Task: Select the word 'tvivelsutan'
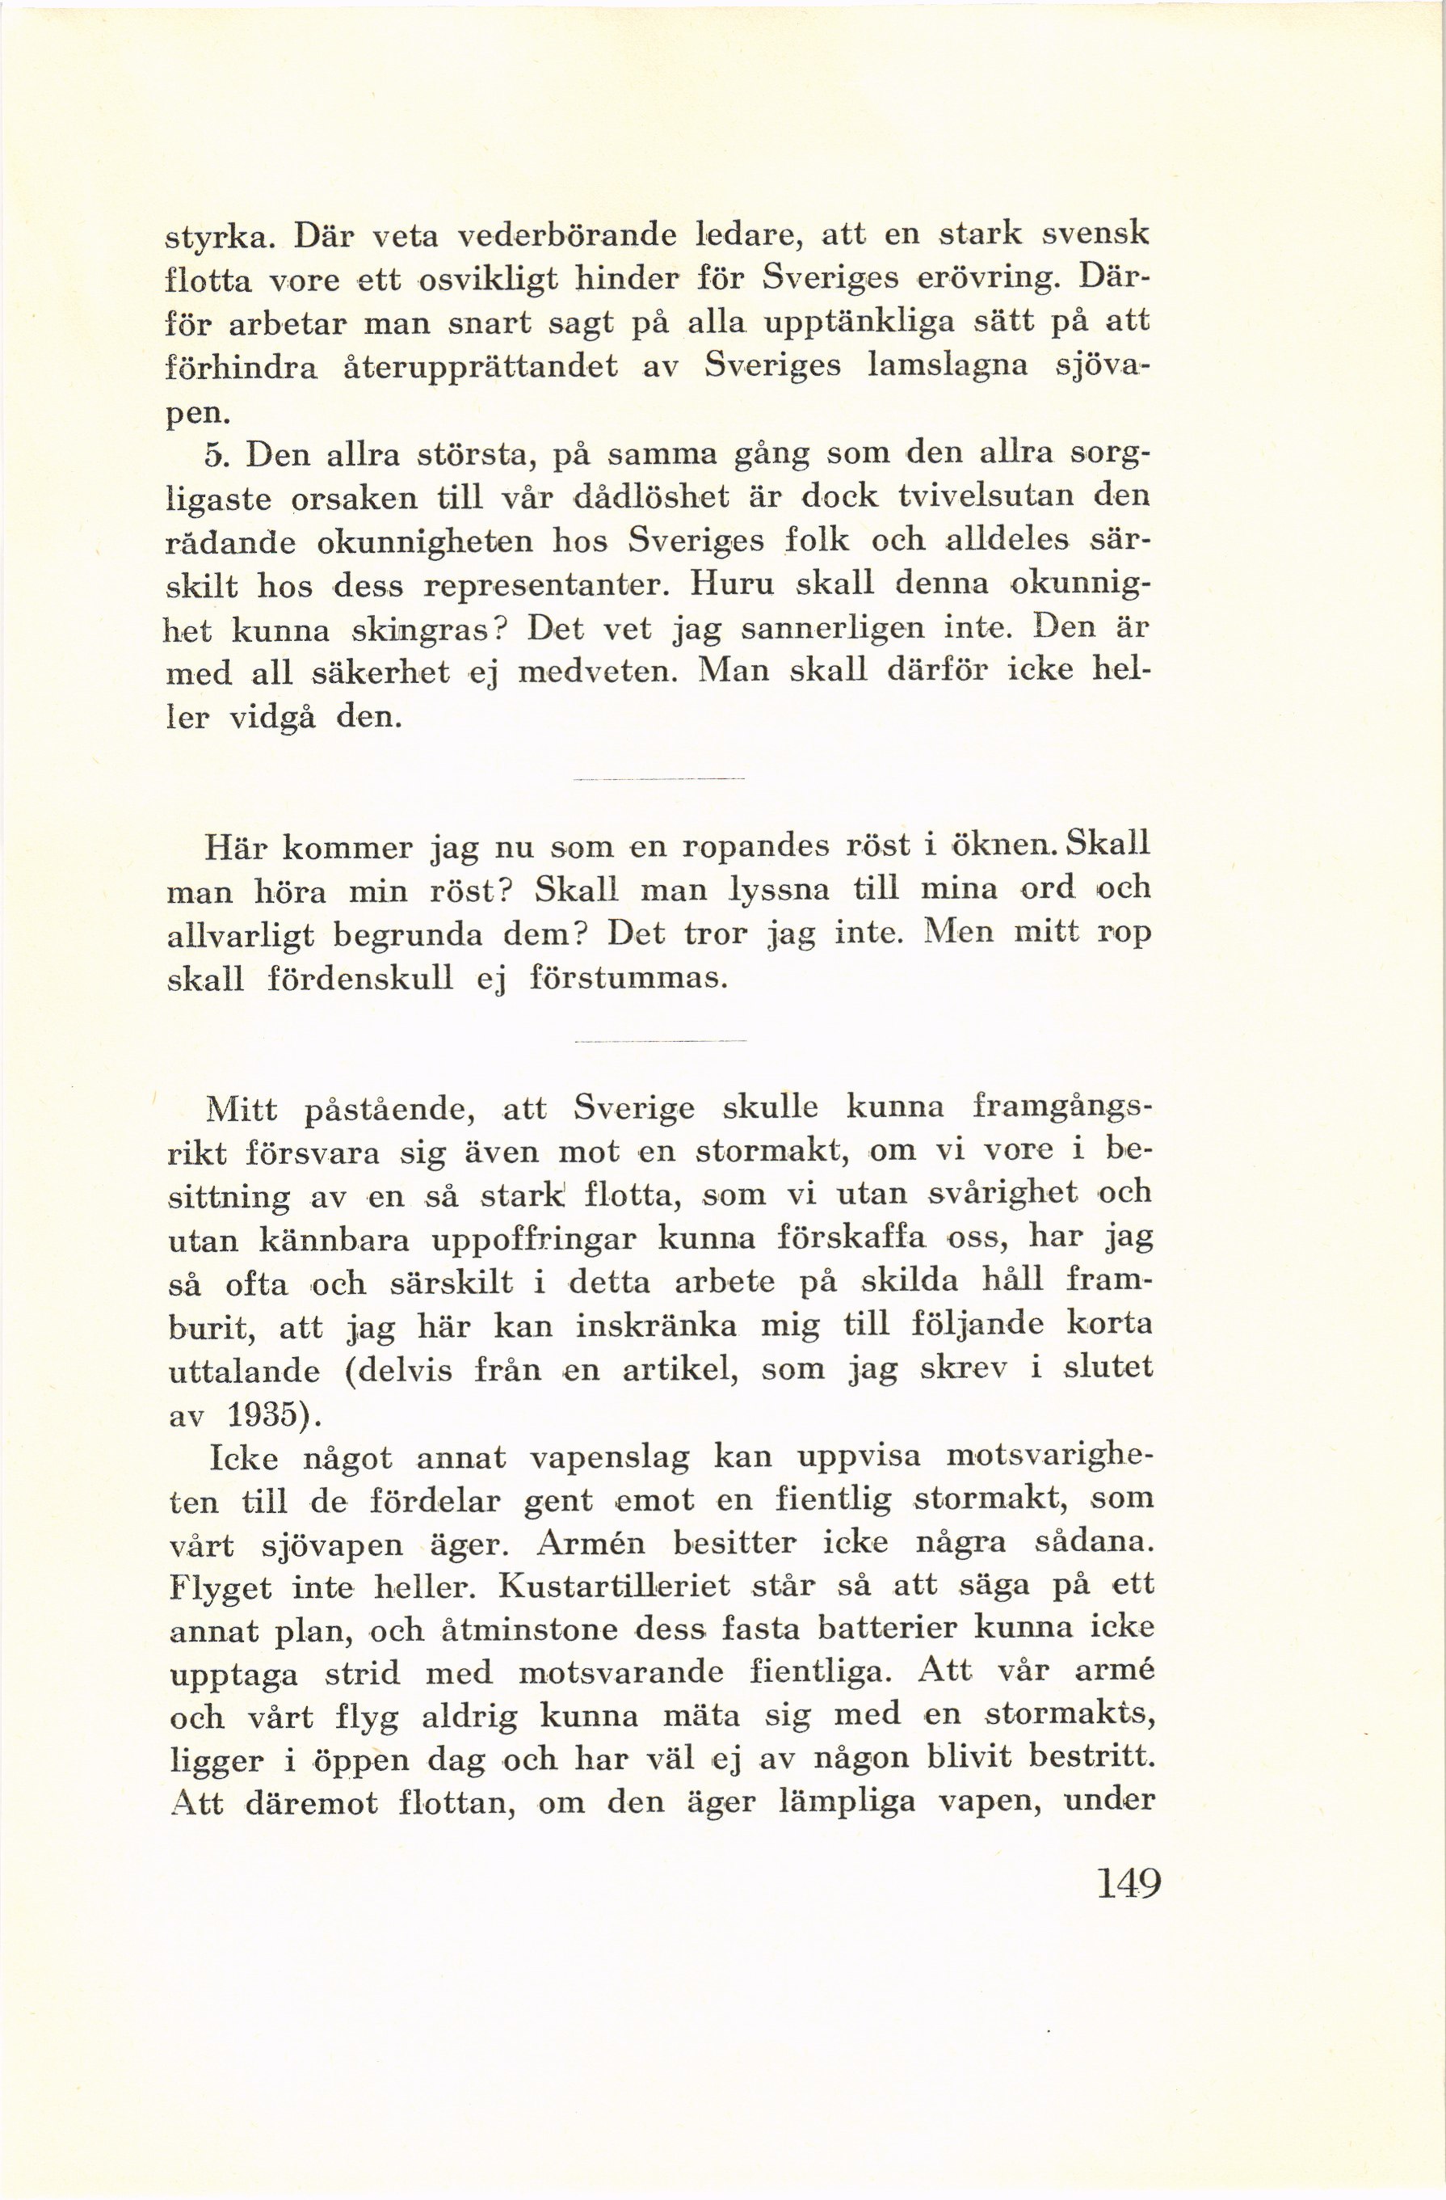coord(982,498)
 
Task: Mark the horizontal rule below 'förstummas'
coord(659,1042)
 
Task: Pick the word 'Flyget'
coord(220,1590)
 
